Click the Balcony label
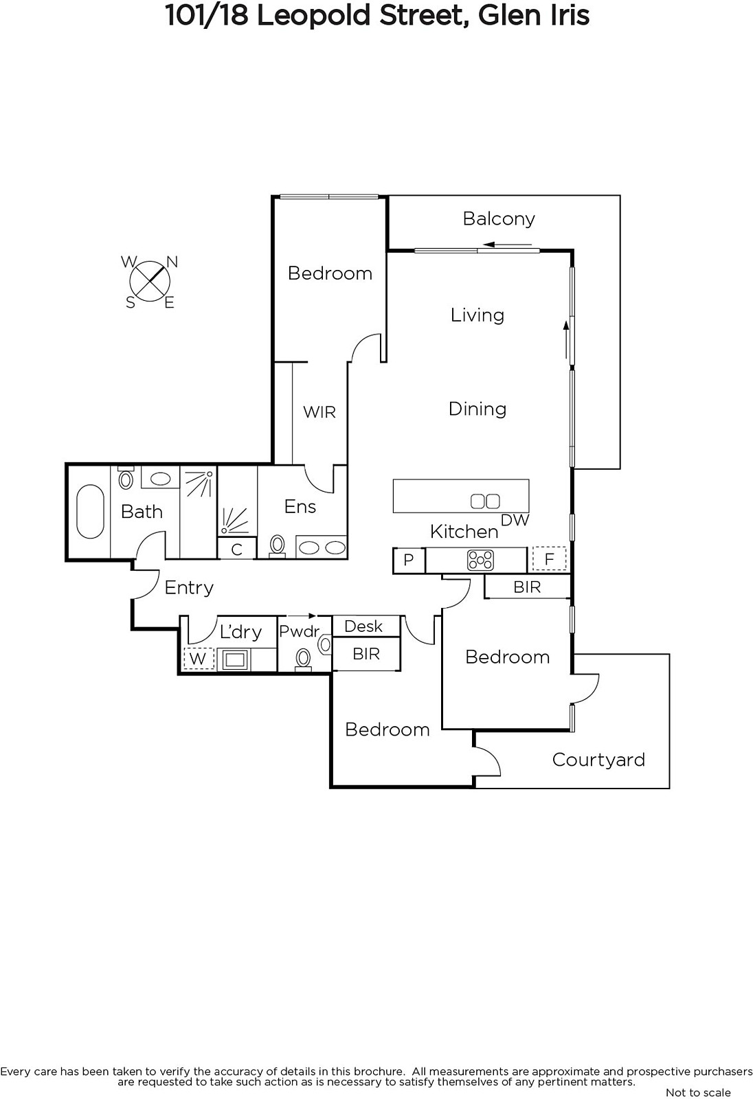click(499, 219)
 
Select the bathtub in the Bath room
click(90, 512)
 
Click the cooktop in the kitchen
click(480, 560)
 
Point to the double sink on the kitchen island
click(485, 501)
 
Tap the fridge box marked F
click(549, 559)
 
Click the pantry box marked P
click(408, 560)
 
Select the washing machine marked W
click(199, 659)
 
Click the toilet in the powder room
click(304, 659)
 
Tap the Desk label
click(363, 626)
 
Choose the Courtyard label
click(598, 760)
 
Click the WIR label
click(319, 412)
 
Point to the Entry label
click(189, 588)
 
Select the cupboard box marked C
click(236, 549)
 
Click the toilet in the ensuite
click(278, 545)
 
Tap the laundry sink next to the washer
click(235, 660)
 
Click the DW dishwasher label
click(515, 520)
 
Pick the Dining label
click(477, 409)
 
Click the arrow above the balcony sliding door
click(508, 245)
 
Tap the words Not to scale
click(698, 1093)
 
